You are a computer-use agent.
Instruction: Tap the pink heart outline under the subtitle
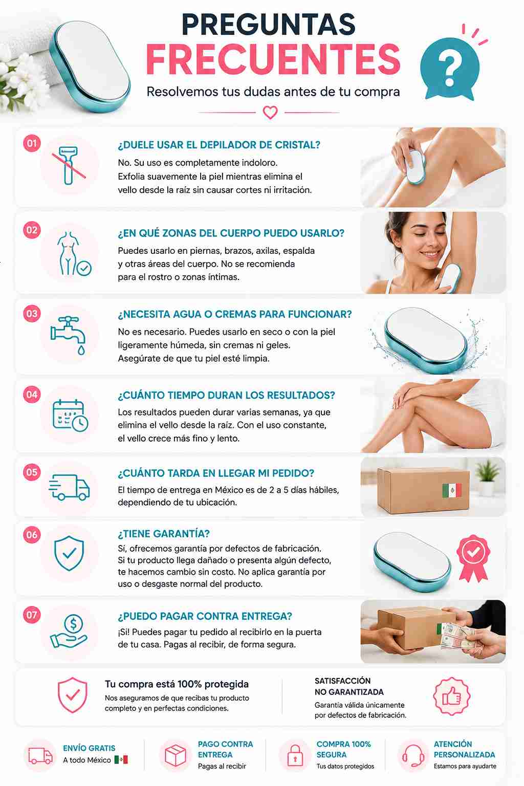[270, 113]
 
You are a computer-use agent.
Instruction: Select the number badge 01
[32, 143]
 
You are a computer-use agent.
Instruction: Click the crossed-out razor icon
[69, 165]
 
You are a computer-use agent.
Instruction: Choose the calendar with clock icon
[70, 415]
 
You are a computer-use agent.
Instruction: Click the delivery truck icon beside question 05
[69, 487]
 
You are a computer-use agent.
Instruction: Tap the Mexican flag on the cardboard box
[452, 490]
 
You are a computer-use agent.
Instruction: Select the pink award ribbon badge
[473, 558]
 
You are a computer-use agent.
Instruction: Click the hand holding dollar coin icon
[69, 632]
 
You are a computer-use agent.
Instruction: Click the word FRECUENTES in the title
[273, 59]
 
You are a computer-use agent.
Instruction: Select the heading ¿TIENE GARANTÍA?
[164, 534]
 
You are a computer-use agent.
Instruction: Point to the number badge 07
[32, 615]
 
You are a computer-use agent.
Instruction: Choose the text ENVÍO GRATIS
[89, 748]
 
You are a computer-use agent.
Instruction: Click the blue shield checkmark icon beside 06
[69, 553]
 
